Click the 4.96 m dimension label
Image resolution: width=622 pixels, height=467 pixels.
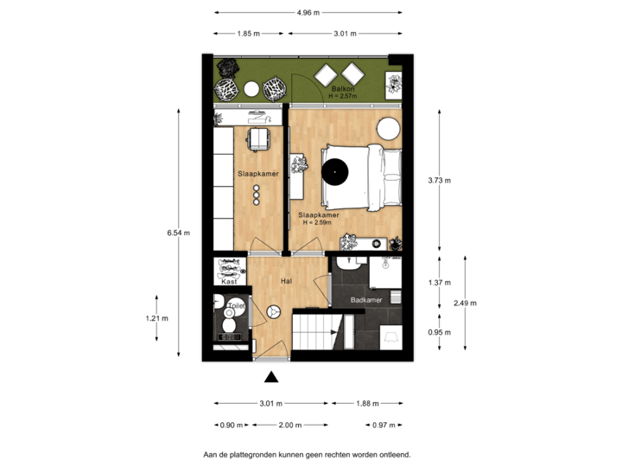click(x=308, y=13)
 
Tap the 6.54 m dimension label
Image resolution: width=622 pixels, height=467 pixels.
click(x=179, y=233)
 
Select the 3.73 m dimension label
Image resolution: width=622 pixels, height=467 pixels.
click(x=440, y=181)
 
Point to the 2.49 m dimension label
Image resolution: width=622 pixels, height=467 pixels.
click(x=465, y=303)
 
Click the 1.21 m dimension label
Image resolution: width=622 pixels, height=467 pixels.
click(x=156, y=318)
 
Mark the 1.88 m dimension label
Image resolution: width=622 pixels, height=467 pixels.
click(x=366, y=403)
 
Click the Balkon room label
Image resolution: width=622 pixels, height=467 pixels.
click(x=340, y=90)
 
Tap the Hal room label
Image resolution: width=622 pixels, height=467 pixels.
click(x=286, y=281)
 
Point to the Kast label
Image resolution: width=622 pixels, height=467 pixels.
click(x=229, y=282)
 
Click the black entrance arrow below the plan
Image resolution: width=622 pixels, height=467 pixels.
click(x=271, y=375)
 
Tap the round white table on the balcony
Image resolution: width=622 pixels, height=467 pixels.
click(x=251, y=88)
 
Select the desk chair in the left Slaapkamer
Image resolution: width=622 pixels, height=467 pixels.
click(x=259, y=139)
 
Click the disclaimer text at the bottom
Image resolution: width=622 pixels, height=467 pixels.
click(x=308, y=453)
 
